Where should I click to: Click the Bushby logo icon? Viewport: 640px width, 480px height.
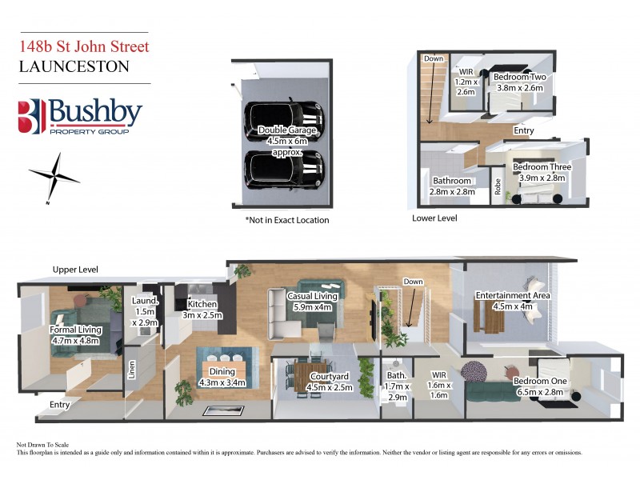pyautogui.click(x=31, y=117)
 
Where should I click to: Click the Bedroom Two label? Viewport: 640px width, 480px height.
pyautogui.click(x=519, y=82)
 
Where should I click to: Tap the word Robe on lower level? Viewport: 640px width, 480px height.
pyautogui.click(x=498, y=187)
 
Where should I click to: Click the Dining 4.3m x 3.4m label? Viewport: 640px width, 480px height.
pyautogui.click(x=222, y=377)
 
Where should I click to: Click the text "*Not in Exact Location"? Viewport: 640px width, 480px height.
pyautogui.click(x=286, y=220)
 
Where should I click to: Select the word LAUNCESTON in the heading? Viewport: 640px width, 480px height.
pyautogui.click(x=74, y=66)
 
